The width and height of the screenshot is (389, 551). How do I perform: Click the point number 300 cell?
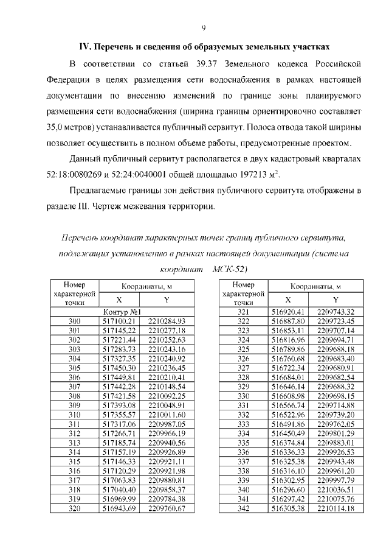(75, 321)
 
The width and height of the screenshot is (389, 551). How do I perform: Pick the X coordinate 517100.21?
(119, 321)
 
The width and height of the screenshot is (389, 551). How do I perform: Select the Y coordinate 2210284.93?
(166, 321)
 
